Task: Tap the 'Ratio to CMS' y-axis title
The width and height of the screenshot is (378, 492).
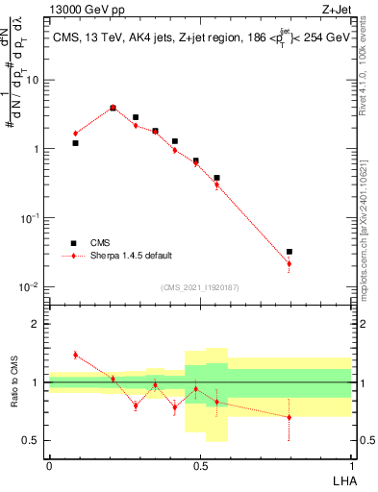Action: pyautogui.click(x=16, y=381)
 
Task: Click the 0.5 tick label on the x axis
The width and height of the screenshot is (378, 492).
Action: pyautogui.click(x=199, y=464)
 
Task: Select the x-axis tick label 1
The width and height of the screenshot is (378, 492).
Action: pyautogui.click(x=350, y=464)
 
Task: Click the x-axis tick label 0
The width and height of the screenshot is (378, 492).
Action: pyautogui.click(x=49, y=464)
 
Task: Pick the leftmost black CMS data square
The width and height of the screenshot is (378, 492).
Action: pyautogui.click(x=75, y=143)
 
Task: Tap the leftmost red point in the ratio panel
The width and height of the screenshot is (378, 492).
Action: pyautogui.click(x=75, y=355)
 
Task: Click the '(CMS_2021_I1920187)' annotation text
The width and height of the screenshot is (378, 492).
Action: pyautogui.click(x=199, y=287)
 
